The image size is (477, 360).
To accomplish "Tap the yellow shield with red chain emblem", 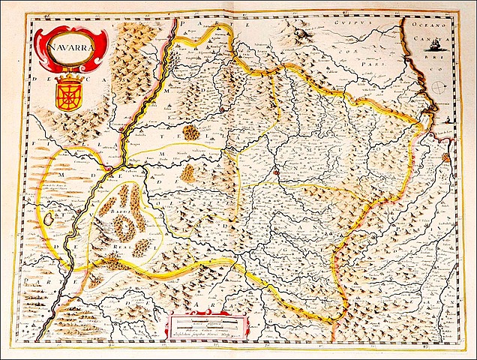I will pos(69,97).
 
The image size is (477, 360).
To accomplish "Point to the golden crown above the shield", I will pos(68,77).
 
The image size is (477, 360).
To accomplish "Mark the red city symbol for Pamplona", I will pos(275,172).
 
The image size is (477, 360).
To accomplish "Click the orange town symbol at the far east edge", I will pos(448,158).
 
